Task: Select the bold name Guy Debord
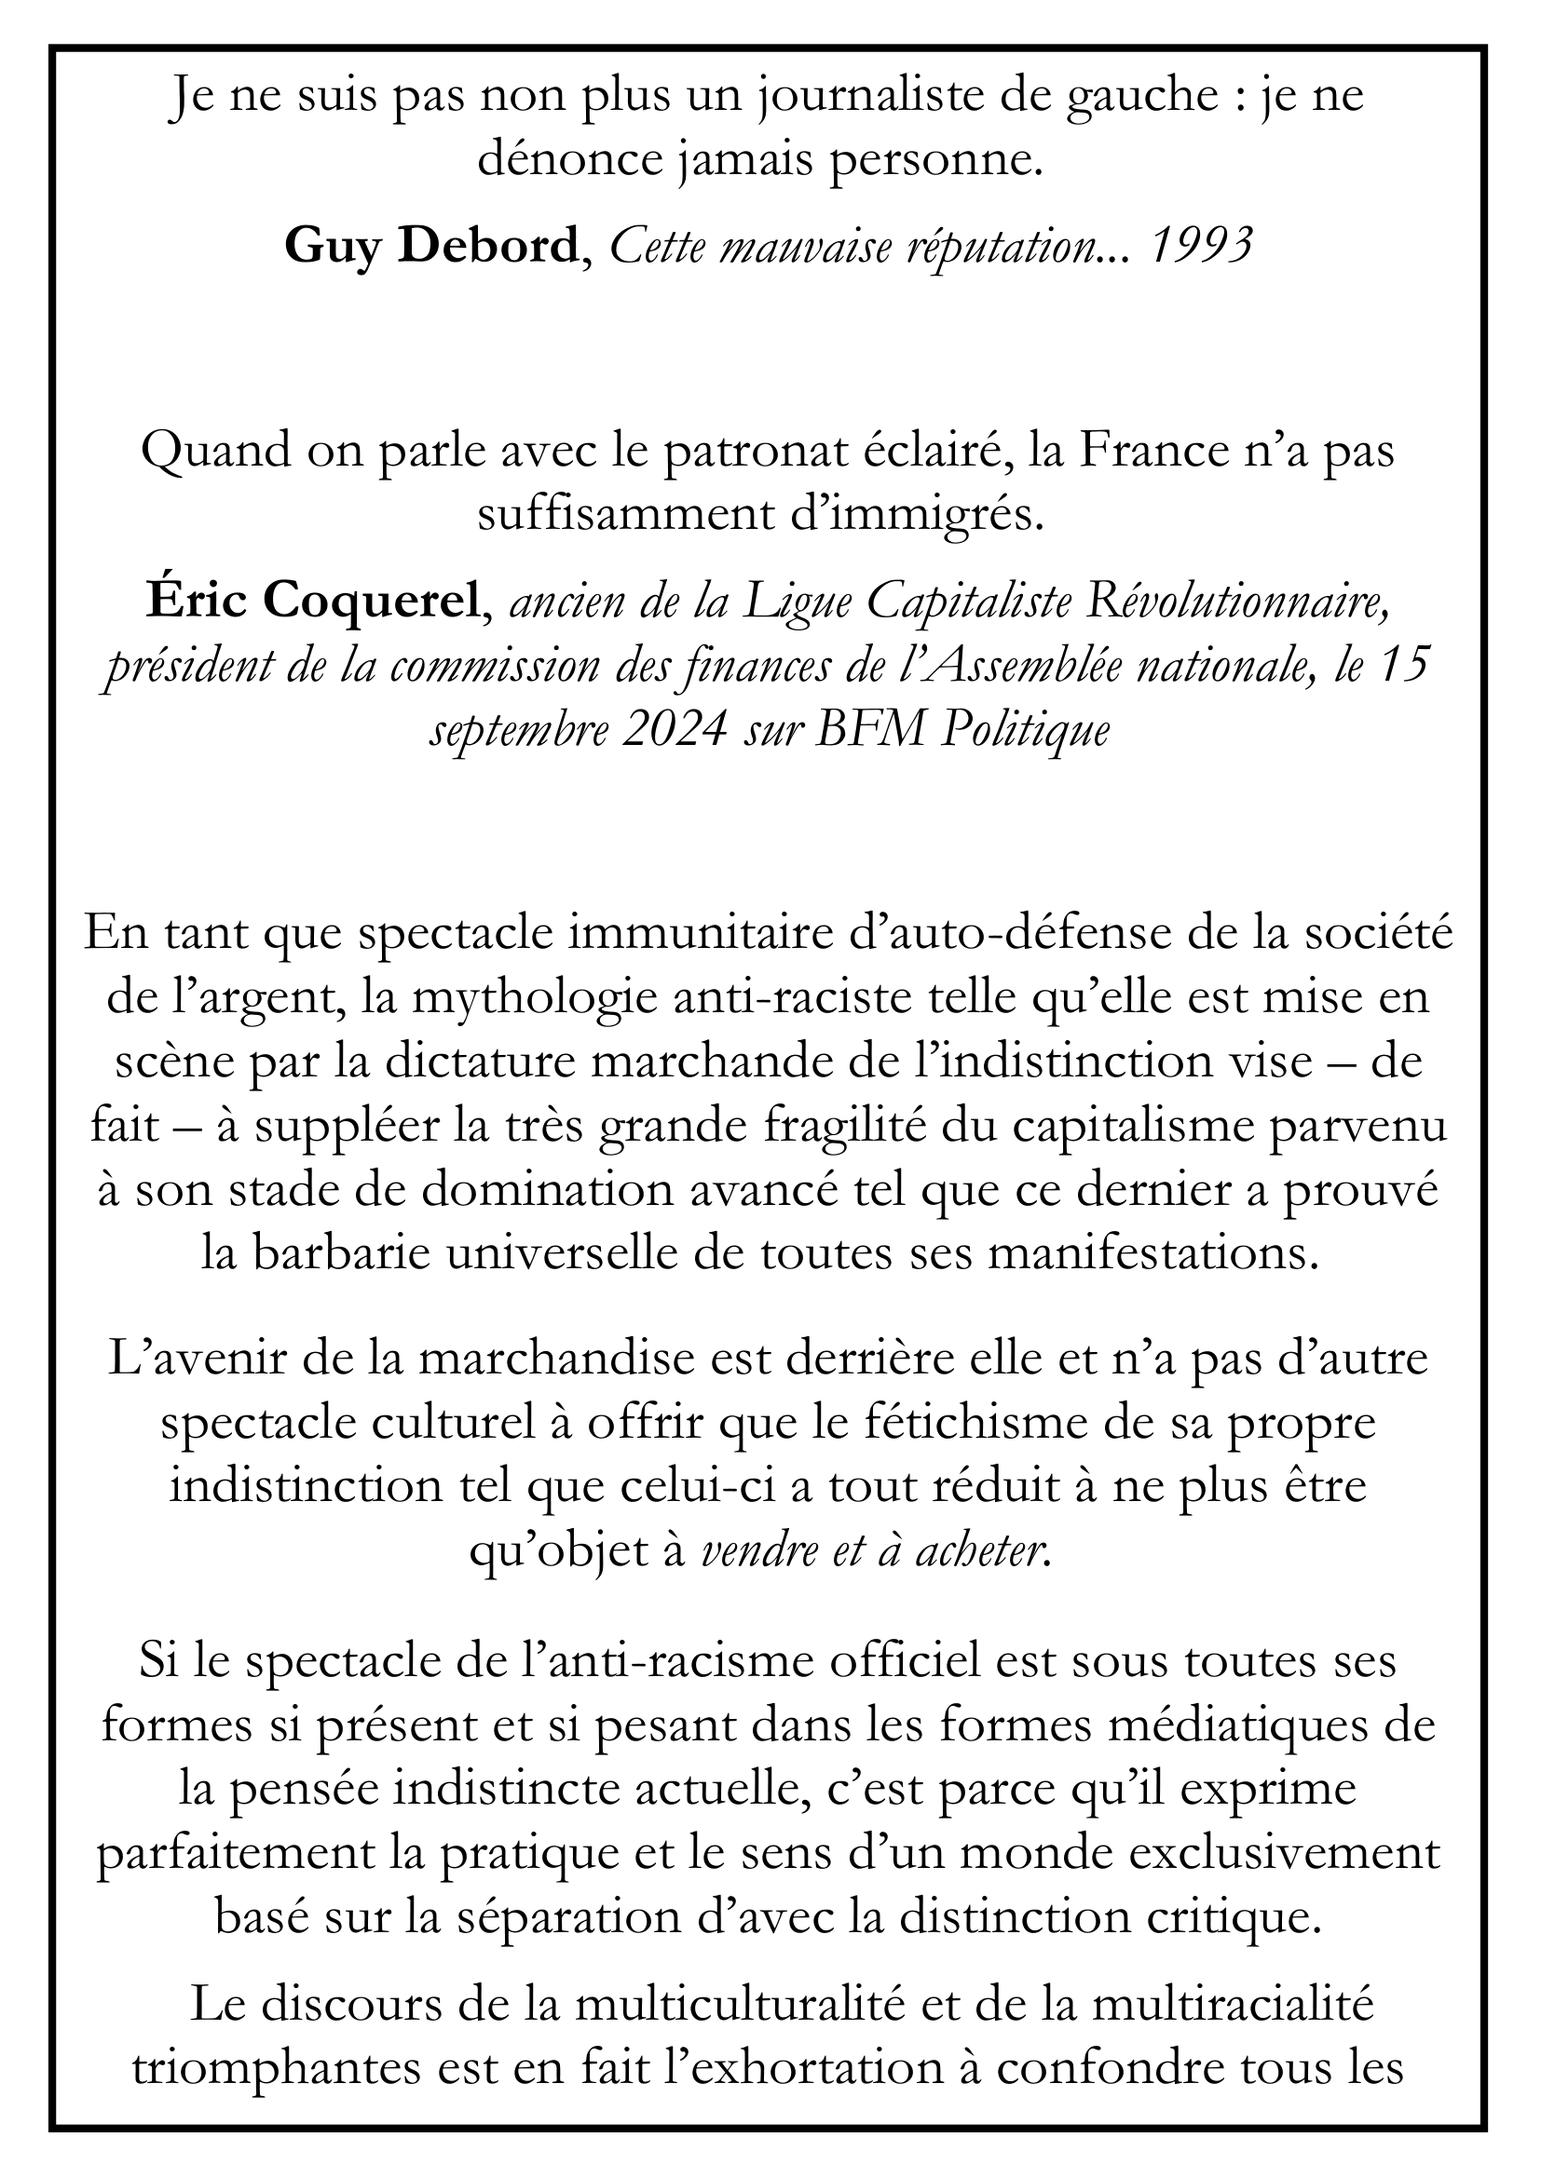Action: tap(430, 247)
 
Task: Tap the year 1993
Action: tap(1200, 247)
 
